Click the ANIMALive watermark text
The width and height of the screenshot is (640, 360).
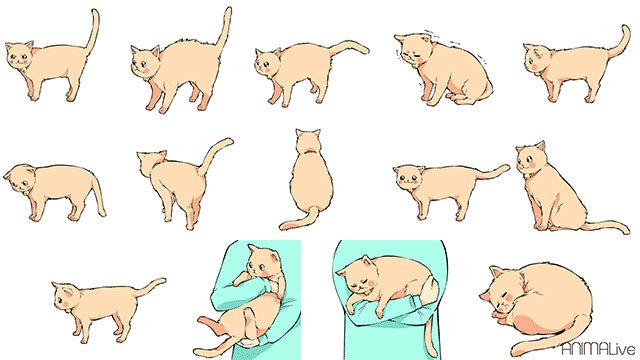click(598, 349)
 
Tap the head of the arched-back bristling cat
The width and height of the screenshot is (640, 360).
click(144, 60)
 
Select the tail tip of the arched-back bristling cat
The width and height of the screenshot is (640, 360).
click(228, 11)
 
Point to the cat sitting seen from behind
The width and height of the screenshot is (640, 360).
click(309, 180)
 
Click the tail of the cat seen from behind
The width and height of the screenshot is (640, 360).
click(300, 220)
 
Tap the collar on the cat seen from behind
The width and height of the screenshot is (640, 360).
click(309, 151)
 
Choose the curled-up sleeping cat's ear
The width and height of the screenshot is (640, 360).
click(497, 271)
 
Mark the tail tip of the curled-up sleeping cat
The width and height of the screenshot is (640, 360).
click(516, 351)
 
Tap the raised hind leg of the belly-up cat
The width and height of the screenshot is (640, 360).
click(246, 322)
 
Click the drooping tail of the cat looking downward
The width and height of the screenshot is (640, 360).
click(98, 192)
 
